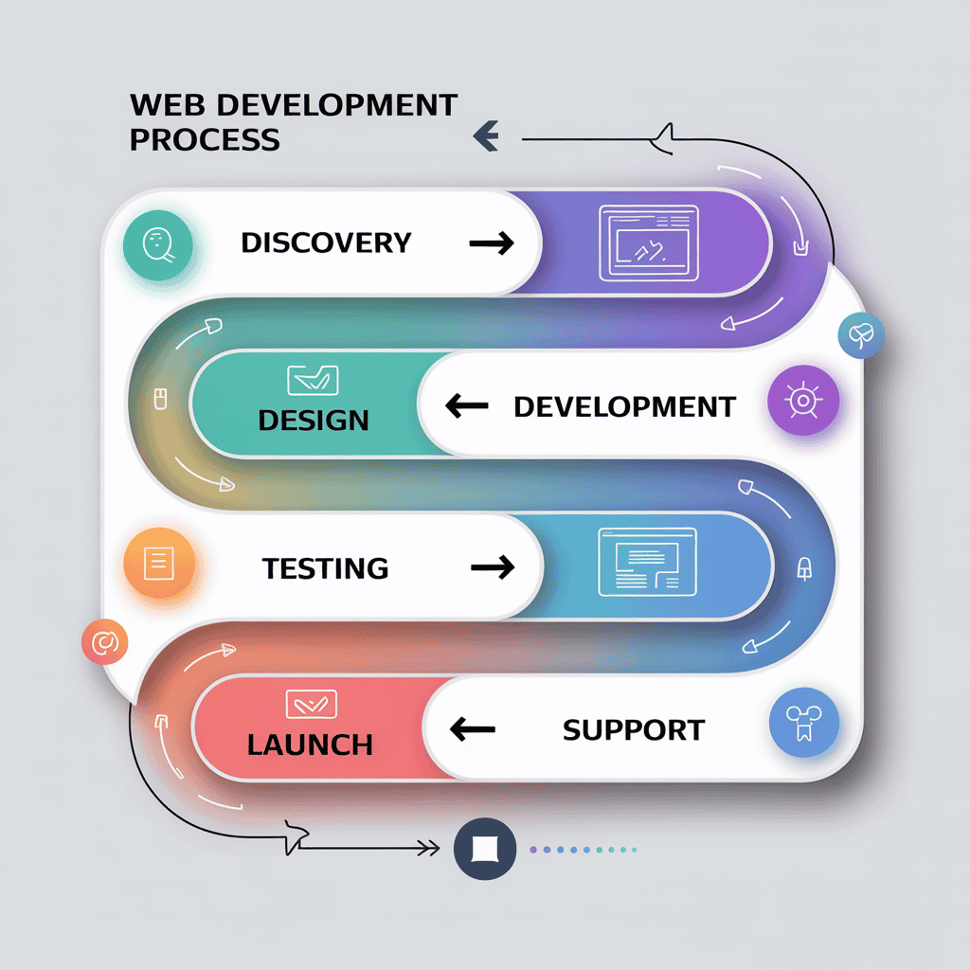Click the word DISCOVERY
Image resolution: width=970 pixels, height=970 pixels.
[x=326, y=242]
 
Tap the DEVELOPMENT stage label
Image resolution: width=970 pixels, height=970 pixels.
[x=624, y=407]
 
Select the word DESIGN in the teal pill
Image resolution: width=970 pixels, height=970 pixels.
[x=314, y=419]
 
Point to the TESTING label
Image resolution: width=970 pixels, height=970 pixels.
[x=325, y=568]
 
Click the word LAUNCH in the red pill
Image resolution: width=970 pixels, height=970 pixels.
[x=310, y=745]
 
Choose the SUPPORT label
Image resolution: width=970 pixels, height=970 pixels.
[x=634, y=730]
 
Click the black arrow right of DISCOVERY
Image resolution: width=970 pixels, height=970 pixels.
[x=492, y=243]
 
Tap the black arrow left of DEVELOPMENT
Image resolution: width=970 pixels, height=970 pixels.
[x=467, y=407]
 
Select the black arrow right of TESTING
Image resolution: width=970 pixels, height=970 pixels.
[x=493, y=567]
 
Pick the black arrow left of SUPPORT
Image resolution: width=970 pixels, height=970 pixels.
[x=473, y=729]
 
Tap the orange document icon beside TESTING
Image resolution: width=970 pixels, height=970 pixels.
[x=158, y=566]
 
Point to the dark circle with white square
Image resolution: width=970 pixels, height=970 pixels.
[x=485, y=848]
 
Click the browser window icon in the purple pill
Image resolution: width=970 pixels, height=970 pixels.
[x=648, y=243]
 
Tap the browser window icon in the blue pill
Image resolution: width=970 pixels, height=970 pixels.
[x=648, y=562]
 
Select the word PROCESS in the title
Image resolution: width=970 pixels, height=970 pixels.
[x=205, y=139]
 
